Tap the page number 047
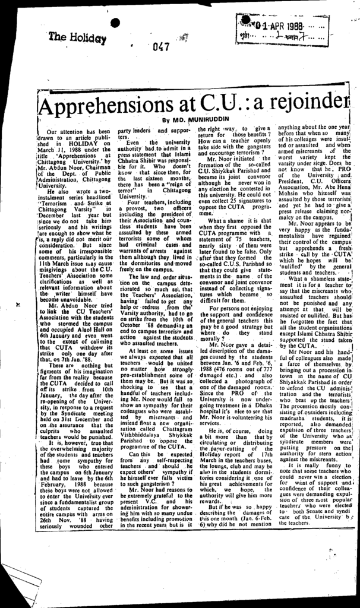click(x=161, y=47)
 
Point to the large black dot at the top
click(x=115, y=24)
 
